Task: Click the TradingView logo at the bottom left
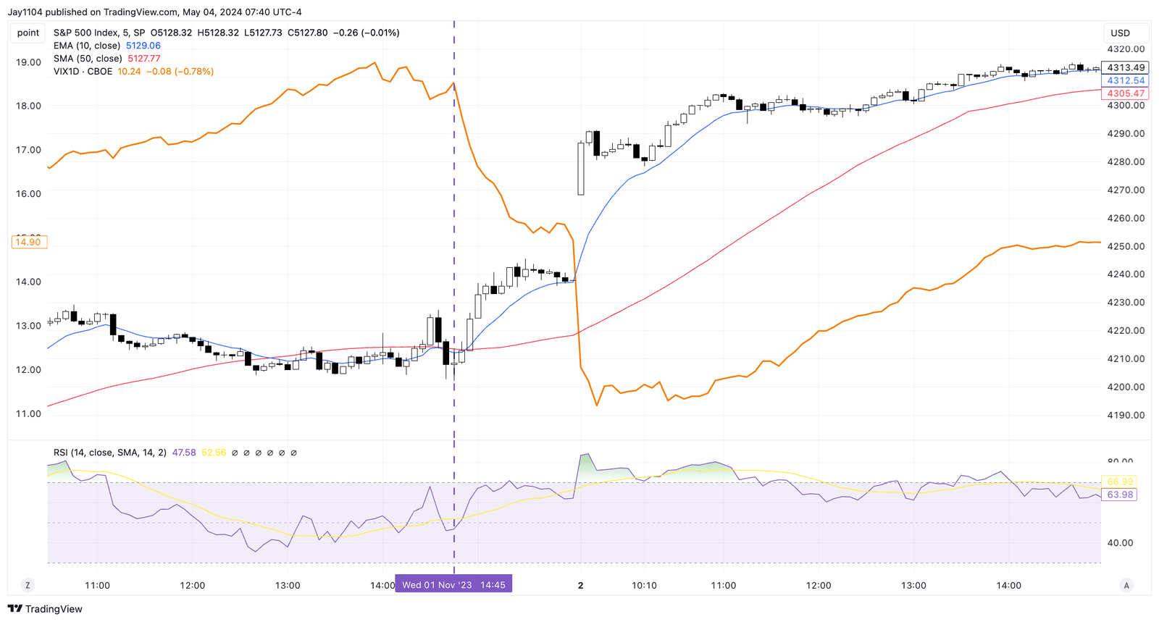point(45,609)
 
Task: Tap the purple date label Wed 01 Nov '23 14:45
point(453,584)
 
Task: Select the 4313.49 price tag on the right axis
point(1125,67)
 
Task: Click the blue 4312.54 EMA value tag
point(1125,80)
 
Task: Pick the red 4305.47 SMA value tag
point(1125,93)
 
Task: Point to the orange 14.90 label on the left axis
point(28,242)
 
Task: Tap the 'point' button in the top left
point(28,33)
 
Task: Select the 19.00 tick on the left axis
point(28,62)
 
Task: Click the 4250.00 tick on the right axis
point(1126,246)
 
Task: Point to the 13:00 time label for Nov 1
point(288,585)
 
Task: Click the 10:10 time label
point(644,585)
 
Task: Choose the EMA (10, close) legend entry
point(87,46)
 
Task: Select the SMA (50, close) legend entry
point(88,59)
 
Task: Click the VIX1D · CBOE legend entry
point(83,72)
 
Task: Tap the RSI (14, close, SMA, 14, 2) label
point(109,453)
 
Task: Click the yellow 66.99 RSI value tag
point(1120,482)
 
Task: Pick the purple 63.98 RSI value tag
point(1120,495)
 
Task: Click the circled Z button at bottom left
point(28,585)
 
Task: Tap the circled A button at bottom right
point(1126,585)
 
